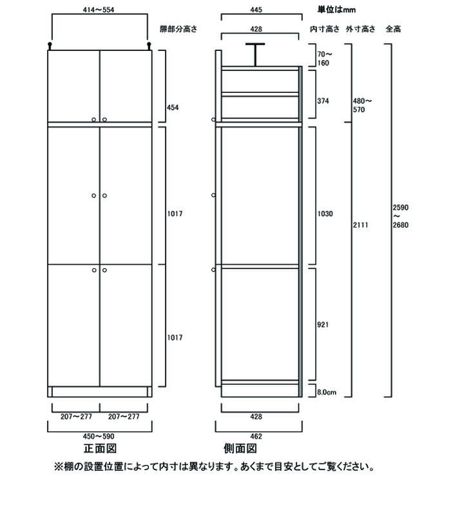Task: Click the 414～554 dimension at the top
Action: (99, 10)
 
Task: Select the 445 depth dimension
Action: (256, 10)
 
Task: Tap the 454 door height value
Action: (173, 108)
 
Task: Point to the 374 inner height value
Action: (323, 101)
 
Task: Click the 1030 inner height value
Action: (325, 213)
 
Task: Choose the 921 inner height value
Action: (323, 325)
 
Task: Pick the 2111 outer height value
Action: (360, 224)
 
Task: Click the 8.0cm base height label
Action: (327, 392)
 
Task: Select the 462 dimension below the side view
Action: (256, 437)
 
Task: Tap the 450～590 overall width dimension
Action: (99, 437)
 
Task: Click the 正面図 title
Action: (100, 449)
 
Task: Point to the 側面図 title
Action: (240, 449)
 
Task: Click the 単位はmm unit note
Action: (336, 10)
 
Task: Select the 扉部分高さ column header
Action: (178, 29)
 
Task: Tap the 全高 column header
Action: (394, 29)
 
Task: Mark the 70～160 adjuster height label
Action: (325, 58)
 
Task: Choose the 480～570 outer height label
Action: (362, 105)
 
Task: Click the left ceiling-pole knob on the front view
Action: (50, 44)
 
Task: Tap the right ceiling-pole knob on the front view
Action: (149, 44)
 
